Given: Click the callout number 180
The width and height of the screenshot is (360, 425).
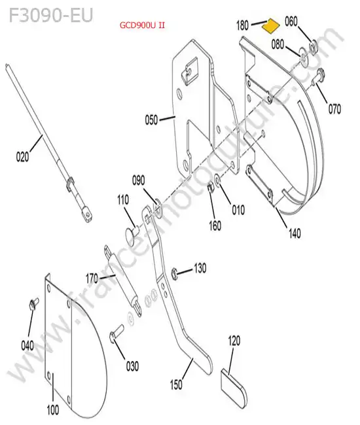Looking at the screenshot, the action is (242, 25).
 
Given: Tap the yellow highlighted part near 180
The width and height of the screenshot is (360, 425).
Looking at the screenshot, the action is (270, 25).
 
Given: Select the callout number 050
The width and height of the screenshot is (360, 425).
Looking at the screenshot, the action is (151, 120).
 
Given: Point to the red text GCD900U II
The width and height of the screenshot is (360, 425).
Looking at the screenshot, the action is (142, 25).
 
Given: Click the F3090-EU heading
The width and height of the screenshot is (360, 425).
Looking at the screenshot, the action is (51, 15).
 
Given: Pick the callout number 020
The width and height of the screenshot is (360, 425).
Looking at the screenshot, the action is (22, 157).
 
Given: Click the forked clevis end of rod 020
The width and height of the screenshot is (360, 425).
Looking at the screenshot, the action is (86, 214).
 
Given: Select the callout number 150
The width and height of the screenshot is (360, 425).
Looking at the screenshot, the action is (176, 384).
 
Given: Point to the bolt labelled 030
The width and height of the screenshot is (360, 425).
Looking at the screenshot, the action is (116, 333).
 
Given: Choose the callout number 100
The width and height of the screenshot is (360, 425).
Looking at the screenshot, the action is (53, 409).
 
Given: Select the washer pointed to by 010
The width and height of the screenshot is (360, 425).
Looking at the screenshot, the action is (217, 179).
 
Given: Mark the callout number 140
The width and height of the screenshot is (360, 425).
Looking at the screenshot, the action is (295, 233).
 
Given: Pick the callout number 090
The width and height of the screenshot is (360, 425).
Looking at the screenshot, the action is (138, 180).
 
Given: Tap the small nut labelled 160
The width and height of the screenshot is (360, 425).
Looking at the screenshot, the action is (210, 186).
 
